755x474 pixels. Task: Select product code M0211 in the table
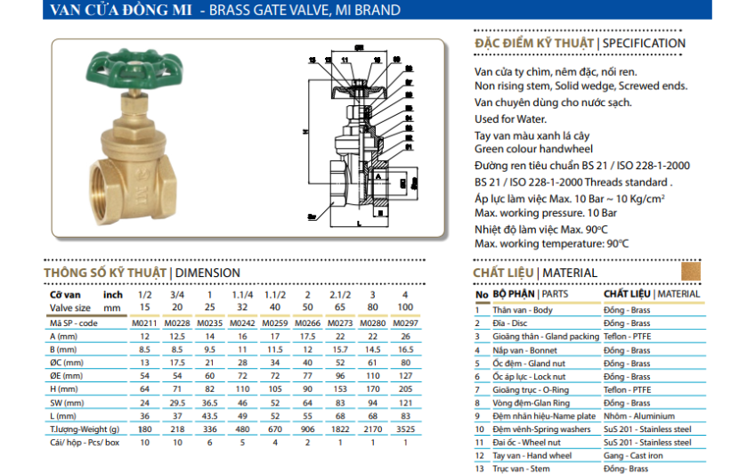pyautogui.click(x=145, y=323)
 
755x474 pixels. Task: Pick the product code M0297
pyautogui.click(x=405, y=323)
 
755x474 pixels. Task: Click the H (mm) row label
pyautogui.click(x=67, y=388)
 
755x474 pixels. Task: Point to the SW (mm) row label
pyautogui.click(x=69, y=402)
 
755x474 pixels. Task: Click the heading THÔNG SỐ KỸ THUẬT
pyautogui.click(x=105, y=273)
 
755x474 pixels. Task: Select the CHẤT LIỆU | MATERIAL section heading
pyautogui.click(x=535, y=273)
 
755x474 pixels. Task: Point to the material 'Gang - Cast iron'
pyautogui.click(x=634, y=455)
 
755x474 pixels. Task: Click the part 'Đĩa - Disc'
pyautogui.click(x=509, y=323)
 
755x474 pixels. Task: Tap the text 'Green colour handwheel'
pyautogui.click(x=533, y=149)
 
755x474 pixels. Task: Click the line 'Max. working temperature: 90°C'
pyautogui.click(x=551, y=243)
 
